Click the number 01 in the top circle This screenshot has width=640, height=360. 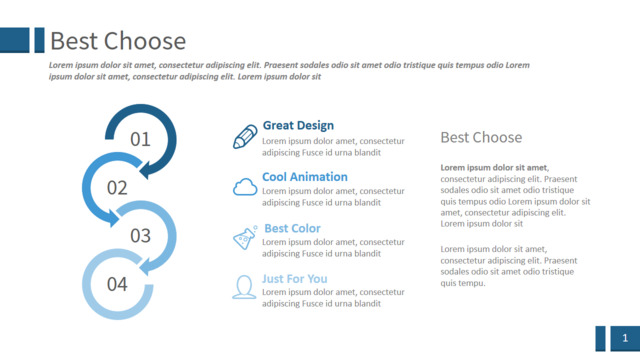140,139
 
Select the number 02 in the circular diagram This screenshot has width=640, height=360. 117,188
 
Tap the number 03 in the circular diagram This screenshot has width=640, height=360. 140,236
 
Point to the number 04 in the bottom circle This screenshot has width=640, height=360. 117,284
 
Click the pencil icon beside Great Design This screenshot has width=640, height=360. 245,137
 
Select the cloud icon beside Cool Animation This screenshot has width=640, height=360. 245,187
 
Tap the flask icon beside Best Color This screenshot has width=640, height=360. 245,237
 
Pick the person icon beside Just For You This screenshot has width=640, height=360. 244,287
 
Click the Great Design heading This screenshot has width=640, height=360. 298,125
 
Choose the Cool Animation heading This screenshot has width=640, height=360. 304,177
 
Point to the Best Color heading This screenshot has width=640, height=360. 292,228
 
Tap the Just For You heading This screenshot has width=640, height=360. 295,279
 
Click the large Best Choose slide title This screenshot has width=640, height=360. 118,41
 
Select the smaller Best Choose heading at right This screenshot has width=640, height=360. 481,138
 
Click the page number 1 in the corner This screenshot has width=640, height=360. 625,338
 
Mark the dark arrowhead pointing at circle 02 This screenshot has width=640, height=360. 148,170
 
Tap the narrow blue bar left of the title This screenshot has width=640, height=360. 40,40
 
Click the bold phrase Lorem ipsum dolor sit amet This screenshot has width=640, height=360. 494,167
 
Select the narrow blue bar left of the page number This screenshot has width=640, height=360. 600,338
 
